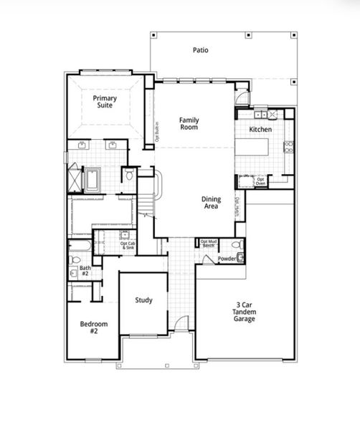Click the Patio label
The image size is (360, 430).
[200, 50]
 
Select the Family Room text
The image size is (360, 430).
[189, 123]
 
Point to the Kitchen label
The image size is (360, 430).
[260, 129]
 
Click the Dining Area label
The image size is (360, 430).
[210, 203]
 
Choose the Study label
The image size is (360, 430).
[143, 300]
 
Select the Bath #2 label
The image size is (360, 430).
[85, 271]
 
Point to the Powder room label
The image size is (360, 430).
[227, 259]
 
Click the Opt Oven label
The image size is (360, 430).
[261, 182]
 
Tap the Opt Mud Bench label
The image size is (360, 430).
[209, 244]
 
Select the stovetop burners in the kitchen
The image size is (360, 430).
[289, 148]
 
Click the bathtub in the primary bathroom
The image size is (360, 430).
[95, 180]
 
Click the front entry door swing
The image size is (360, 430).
[184, 323]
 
